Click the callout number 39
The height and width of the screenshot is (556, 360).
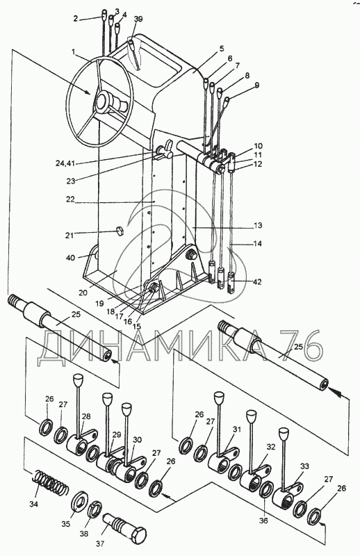[x=138, y=19]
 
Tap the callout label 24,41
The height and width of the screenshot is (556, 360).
[x=65, y=163]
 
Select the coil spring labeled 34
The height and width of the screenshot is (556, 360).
[x=51, y=484]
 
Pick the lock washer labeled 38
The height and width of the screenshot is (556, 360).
[x=95, y=509]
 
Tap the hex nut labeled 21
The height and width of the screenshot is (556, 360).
[x=119, y=231]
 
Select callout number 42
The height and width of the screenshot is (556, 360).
[x=257, y=282]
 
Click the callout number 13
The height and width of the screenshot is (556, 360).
[x=258, y=225]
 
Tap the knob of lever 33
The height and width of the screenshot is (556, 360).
[x=284, y=434]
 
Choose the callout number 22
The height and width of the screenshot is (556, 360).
[x=70, y=199]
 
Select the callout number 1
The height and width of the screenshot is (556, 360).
[x=73, y=51]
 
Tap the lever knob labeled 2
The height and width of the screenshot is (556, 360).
[x=104, y=14]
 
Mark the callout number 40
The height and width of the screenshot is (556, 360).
[x=71, y=257]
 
